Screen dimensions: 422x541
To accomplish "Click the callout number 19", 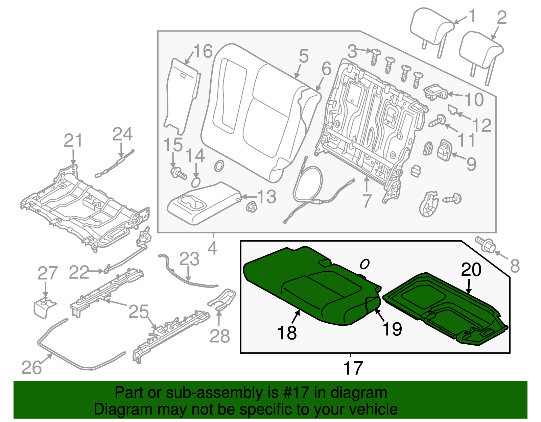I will tap(392, 329).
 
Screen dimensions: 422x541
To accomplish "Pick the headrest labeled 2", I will tap(480, 51).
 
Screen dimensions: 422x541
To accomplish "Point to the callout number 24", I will tap(122, 134).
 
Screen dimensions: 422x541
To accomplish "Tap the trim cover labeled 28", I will tap(223, 299).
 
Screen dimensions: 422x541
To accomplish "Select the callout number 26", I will tap(31, 367).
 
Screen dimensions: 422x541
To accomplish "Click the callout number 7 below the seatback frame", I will tap(367, 201).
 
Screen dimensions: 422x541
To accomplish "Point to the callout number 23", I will tap(189, 259).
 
